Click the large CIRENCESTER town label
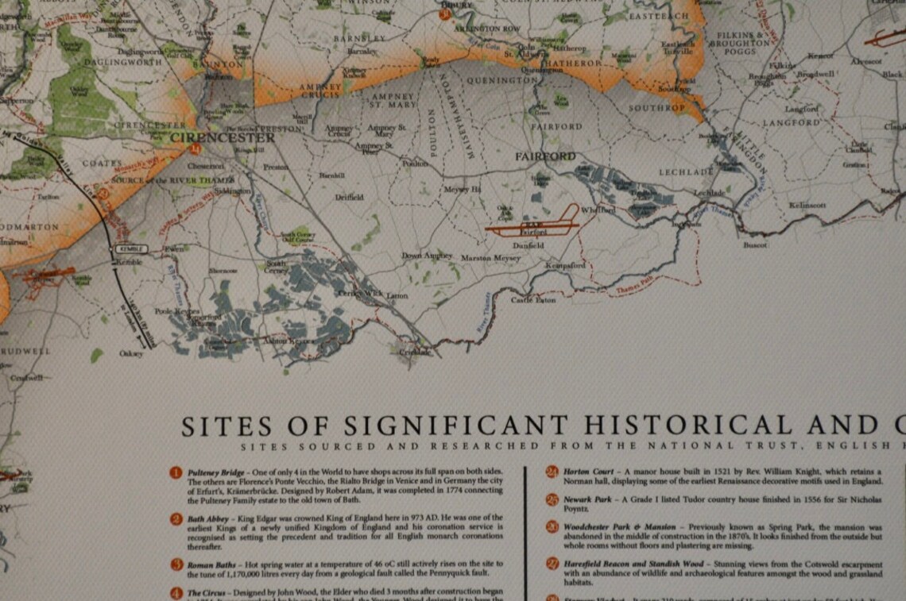223,137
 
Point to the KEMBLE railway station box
128,248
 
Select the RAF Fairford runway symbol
531,226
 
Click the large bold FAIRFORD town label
545,156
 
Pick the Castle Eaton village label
533,300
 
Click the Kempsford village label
567,265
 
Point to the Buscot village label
756,245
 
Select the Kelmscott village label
807,205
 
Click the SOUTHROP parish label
656,107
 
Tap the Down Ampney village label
427,256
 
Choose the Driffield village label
349,197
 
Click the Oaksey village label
131,353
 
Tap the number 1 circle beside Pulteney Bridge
176,473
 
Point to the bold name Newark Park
586,499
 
